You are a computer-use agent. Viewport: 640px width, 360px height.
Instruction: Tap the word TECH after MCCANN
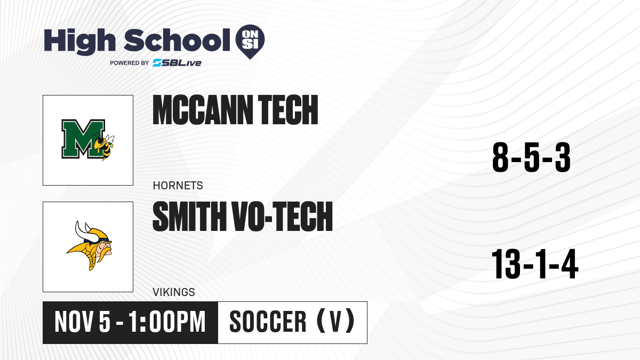point(288,110)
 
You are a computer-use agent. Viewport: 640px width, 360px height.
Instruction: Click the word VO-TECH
point(282,217)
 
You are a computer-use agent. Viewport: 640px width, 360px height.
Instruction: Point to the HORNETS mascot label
point(178,186)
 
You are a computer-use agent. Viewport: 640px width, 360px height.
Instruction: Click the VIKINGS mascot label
point(174,292)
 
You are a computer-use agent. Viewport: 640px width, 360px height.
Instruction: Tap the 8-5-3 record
point(531,157)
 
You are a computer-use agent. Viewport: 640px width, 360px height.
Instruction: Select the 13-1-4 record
point(535,264)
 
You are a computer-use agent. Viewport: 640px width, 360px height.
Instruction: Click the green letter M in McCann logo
point(83,139)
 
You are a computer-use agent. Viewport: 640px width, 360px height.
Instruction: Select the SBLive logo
point(177,63)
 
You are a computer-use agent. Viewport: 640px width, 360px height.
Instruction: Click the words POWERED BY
point(130,63)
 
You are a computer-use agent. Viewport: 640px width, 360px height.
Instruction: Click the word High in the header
point(79,41)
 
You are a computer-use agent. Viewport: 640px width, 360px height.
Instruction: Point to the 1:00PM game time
point(167,322)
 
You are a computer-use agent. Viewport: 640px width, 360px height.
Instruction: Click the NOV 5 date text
point(82,322)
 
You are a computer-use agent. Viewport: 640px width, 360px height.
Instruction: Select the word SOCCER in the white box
point(268,322)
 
